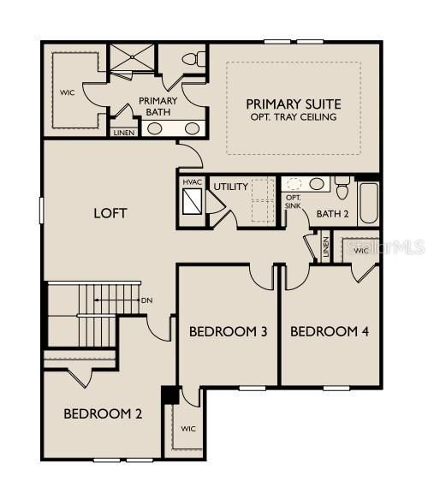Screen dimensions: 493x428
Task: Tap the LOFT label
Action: [110, 212]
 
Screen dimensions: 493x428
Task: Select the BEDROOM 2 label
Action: [103, 414]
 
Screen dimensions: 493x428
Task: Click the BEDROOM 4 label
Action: [330, 331]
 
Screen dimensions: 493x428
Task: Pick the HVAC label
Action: [192, 183]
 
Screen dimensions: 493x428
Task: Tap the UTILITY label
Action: [230, 187]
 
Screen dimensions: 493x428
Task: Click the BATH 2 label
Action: [334, 213]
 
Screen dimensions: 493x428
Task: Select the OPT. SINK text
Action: [293, 203]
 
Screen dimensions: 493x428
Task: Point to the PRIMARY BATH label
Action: [158, 107]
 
